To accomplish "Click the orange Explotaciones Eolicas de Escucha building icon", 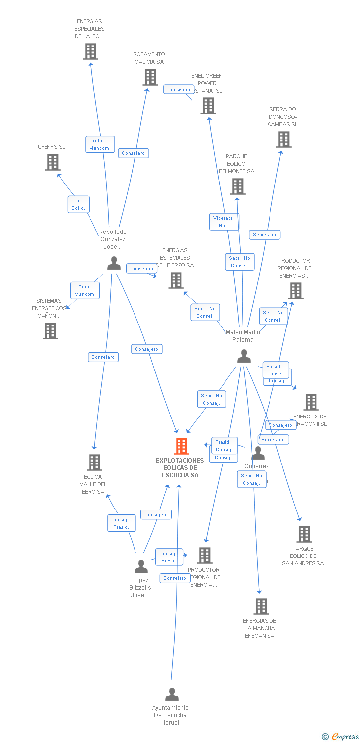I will pyautogui.click(x=181, y=446).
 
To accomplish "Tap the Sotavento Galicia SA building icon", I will pyautogui.click(x=150, y=77).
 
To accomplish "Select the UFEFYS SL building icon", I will pyautogui.click(x=53, y=162).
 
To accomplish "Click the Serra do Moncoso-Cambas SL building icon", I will pyautogui.click(x=284, y=139).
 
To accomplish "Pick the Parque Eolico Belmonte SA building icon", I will pyautogui.click(x=237, y=186).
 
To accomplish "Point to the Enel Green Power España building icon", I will pyautogui.click(x=208, y=106).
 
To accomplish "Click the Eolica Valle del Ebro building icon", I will pyautogui.click(x=94, y=463).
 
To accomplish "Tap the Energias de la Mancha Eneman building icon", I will pyautogui.click(x=261, y=606).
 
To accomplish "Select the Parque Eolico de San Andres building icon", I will pyautogui.click(x=304, y=534).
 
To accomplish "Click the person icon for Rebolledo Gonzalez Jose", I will pyautogui.click(x=114, y=263).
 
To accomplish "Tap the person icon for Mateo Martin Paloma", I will pyautogui.click(x=244, y=356).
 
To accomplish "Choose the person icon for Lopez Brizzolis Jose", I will pyautogui.click(x=141, y=567).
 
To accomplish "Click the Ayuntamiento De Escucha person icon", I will pyautogui.click(x=172, y=695).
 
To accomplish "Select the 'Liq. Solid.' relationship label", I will pyautogui.click(x=78, y=204).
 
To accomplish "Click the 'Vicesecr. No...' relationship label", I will pyautogui.click(x=224, y=222).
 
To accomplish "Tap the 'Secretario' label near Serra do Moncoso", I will pyautogui.click(x=265, y=234).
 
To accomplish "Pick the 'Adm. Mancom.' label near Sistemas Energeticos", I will pyautogui.click(x=85, y=290).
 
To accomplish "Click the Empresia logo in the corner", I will pyautogui.click(x=341, y=737).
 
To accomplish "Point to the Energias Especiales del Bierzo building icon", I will pyautogui.click(x=176, y=280).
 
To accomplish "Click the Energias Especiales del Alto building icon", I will pyautogui.click(x=90, y=51).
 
